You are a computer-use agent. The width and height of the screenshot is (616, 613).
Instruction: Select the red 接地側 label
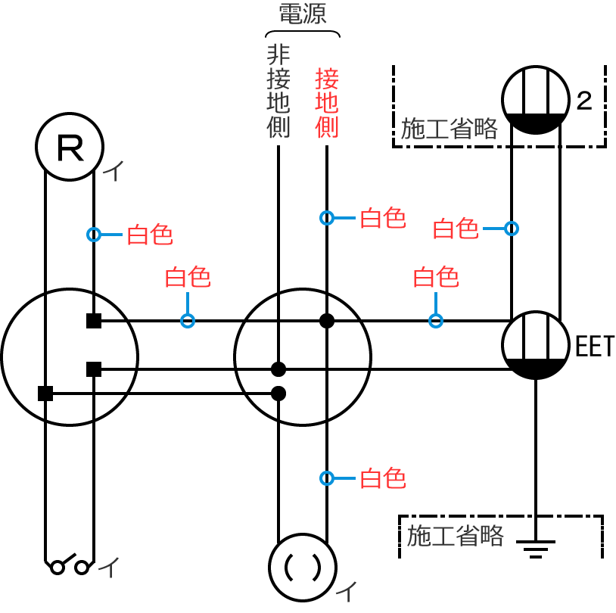[x=326, y=103]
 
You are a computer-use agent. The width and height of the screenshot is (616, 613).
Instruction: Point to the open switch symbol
[x=69, y=565]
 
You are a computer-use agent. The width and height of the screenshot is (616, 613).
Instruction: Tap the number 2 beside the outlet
[x=583, y=101]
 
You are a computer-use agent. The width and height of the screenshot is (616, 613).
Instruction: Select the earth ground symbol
[x=536, y=546]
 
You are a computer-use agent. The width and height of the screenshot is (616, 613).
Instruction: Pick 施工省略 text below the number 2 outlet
[x=450, y=129]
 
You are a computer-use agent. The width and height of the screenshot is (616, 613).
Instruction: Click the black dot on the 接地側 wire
[x=326, y=321]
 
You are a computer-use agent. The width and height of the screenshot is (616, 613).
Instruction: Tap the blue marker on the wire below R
[x=94, y=235]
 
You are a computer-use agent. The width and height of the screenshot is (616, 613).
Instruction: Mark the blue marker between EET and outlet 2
[x=512, y=228]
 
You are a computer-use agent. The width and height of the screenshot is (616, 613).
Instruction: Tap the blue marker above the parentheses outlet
[x=326, y=478]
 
